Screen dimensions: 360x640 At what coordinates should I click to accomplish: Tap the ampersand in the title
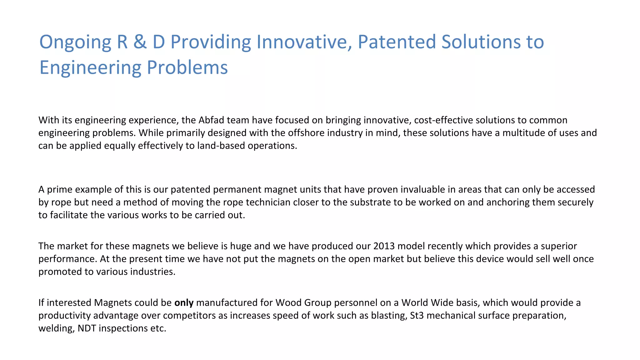pos(140,42)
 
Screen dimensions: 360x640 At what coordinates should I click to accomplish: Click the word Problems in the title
pos(187,67)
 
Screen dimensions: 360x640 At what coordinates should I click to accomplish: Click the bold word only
pos(184,302)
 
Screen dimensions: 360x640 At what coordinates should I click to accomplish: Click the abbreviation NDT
pos(87,328)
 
